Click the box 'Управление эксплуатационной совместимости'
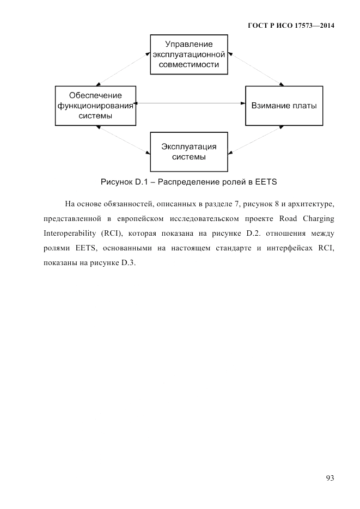click(189, 54)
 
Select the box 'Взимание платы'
click(284, 105)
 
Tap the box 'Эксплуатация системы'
click(189, 152)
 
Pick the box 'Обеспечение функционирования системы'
click(95, 105)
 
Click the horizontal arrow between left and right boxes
click(190, 103)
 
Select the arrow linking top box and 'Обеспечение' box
click(123, 69)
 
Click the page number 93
click(330, 478)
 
